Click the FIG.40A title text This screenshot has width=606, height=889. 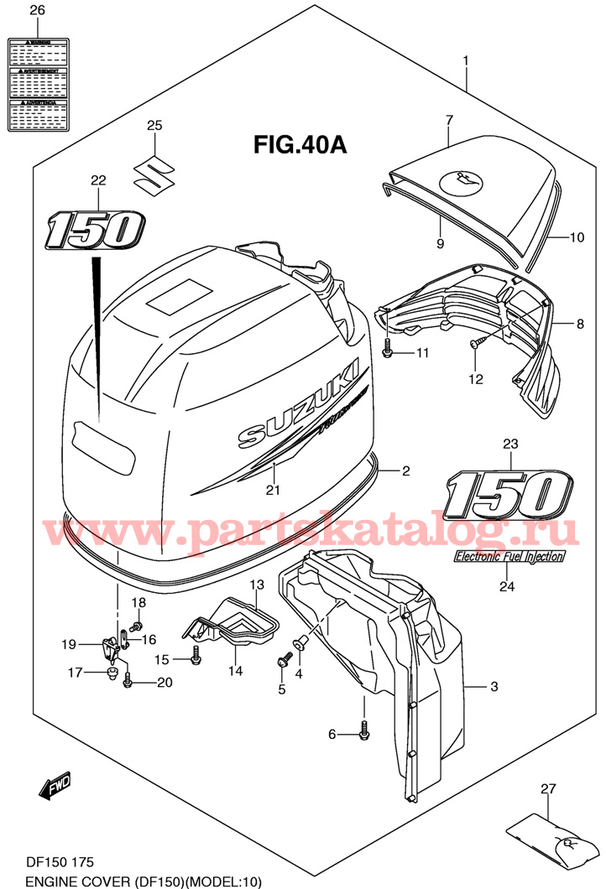click(x=300, y=145)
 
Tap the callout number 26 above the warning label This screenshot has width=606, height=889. click(x=37, y=11)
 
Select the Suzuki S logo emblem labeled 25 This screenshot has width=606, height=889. click(x=154, y=173)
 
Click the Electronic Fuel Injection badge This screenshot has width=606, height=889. click(x=509, y=556)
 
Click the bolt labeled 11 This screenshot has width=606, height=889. click(x=387, y=349)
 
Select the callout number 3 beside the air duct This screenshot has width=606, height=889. click(x=494, y=688)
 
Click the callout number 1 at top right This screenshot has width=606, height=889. click(x=465, y=61)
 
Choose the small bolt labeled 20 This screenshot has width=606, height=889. click(x=128, y=682)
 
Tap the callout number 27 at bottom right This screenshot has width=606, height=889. click(x=548, y=788)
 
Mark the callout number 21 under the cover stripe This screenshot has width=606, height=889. click(x=272, y=491)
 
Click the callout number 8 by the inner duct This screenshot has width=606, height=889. click(x=578, y=323)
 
